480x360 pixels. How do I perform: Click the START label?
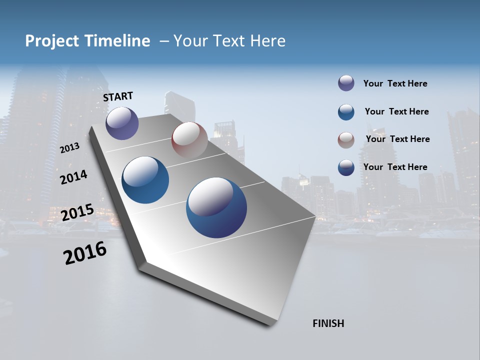coord(118,96)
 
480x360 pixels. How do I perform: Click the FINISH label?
coord(328,323)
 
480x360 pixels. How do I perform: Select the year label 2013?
coord(69,148)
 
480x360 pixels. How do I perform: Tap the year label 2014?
coord(73,177)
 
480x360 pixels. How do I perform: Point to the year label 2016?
coord(85,253)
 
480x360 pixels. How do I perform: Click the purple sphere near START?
coord(122,123)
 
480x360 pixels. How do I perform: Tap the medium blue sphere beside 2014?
coord(145,180)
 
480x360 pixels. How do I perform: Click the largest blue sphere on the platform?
coord(216,207)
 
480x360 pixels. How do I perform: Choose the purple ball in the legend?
coord(346,83)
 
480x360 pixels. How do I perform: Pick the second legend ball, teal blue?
coord(346,112)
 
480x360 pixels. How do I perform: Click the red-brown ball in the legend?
coord(346,139)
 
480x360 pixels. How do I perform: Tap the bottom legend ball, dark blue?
coord(346,167)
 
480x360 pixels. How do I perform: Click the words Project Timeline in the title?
coord(87,41)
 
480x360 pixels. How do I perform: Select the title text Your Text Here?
coord(229,41)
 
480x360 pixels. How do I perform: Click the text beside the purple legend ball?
coord(395,83)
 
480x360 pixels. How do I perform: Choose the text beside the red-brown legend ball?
coord(397,139)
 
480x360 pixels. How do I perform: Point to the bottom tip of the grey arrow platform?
coord(270,324)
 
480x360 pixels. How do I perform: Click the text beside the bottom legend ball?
coord(395,167)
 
